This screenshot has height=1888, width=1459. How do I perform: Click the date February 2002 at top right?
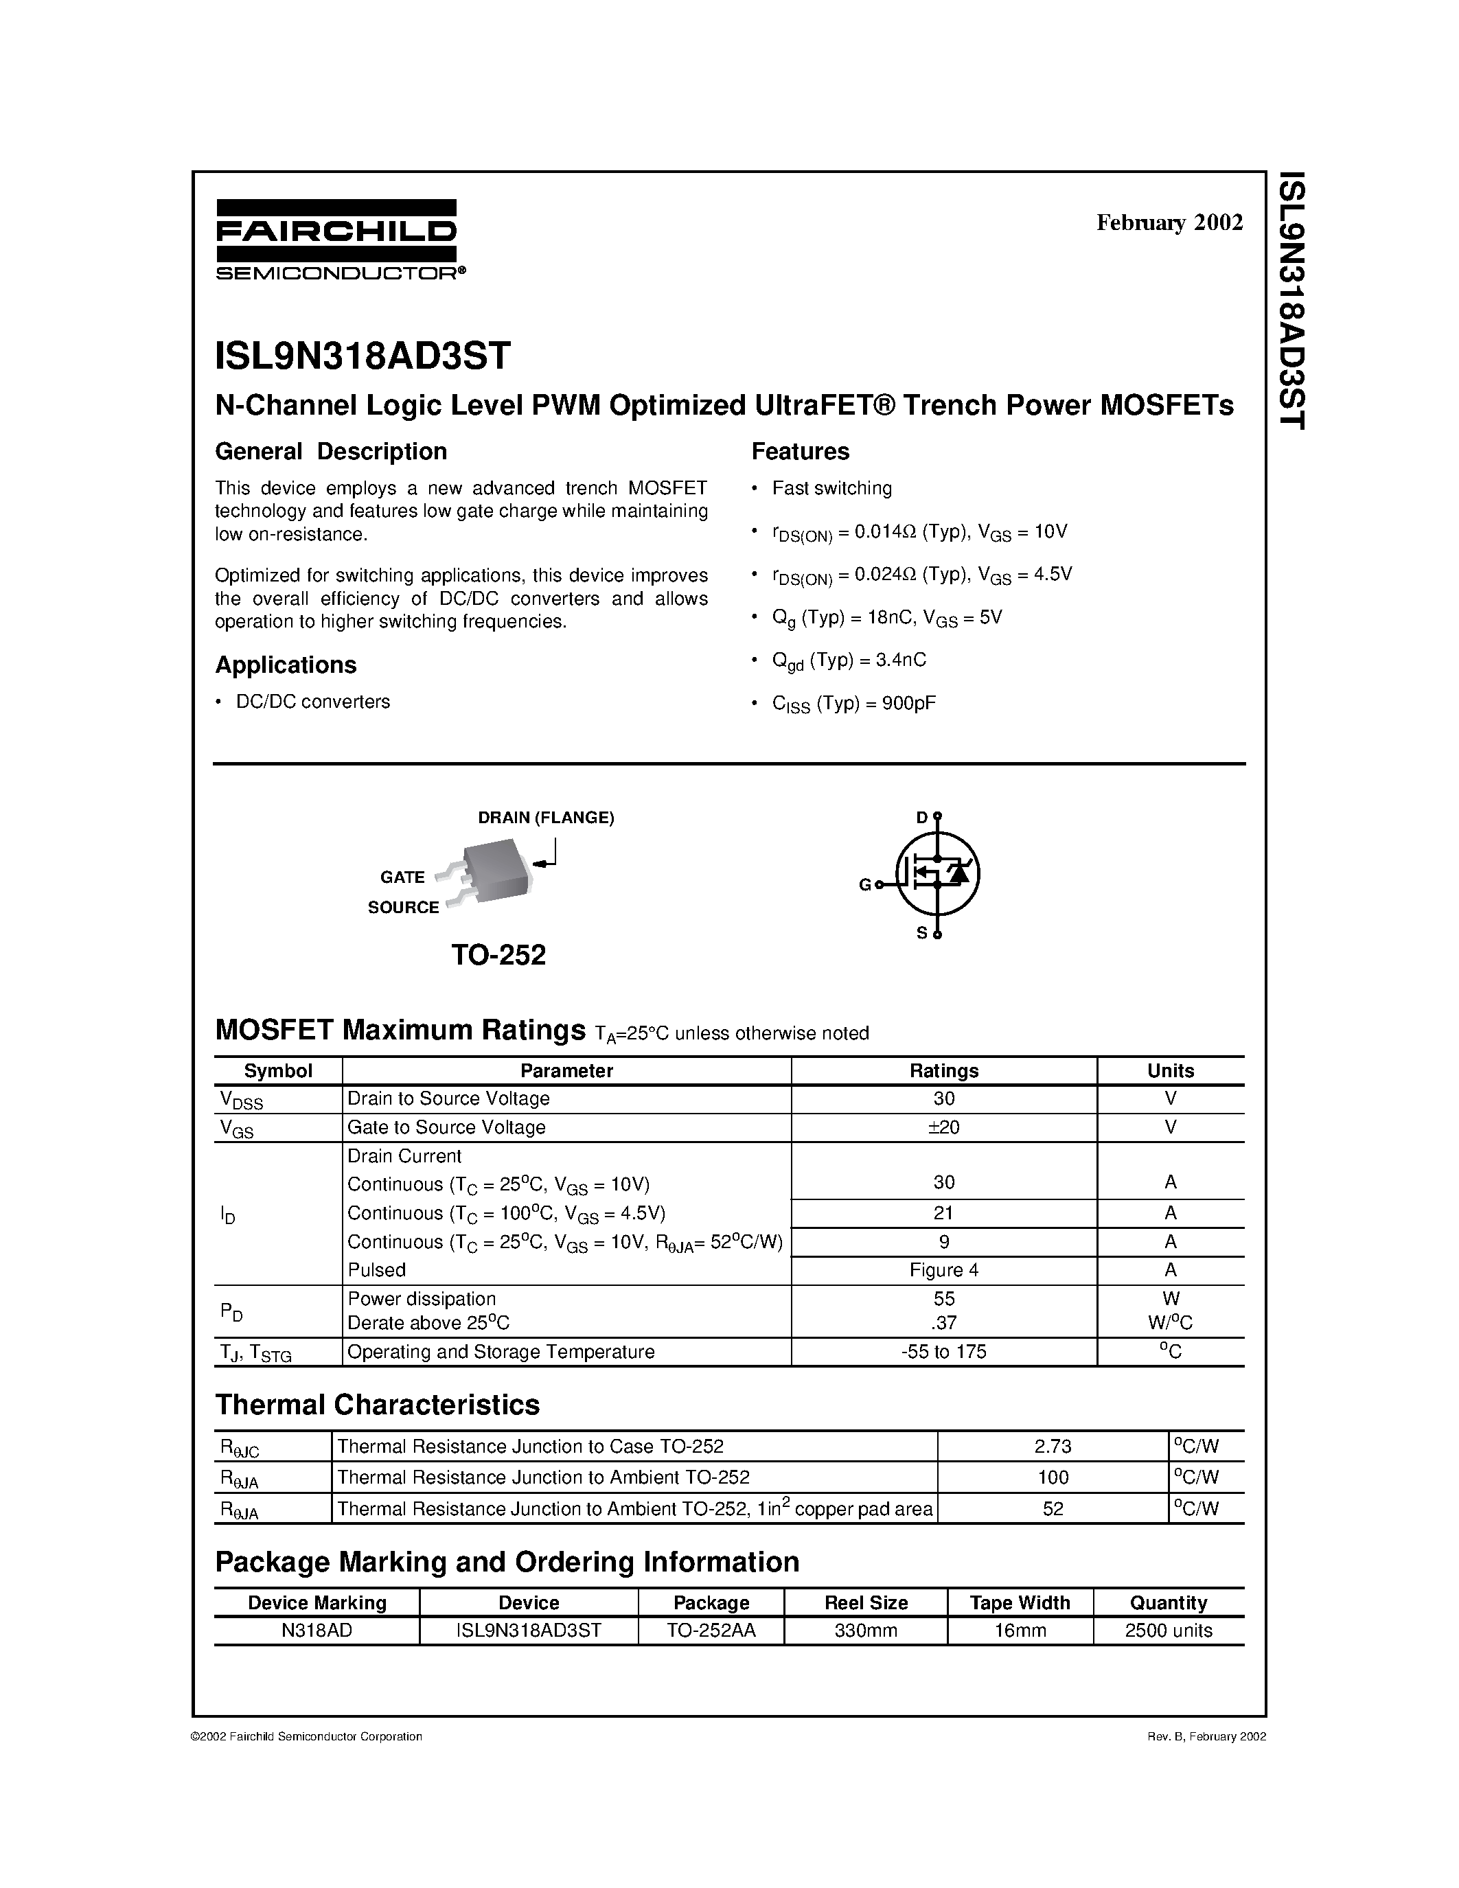[1169, 223]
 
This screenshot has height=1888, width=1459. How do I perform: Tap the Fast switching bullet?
[831, 488]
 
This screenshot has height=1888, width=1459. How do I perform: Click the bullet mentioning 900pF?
[853, 703]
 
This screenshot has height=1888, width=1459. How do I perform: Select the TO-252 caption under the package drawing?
[498, 955]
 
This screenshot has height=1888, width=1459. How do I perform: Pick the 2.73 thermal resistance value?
[1052, 1447]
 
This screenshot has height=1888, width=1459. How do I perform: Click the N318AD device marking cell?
[317, 1631]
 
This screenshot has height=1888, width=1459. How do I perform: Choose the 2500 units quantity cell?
[1169, 1631]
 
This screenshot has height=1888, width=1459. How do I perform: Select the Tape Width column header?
[1019, 1602]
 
